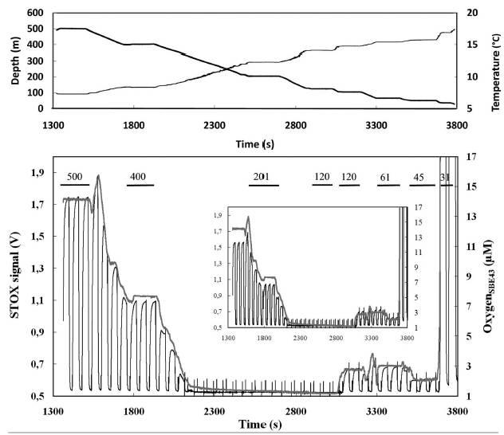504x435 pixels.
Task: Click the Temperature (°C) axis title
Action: (495, 58)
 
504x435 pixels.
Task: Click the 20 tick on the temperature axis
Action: (472, 13)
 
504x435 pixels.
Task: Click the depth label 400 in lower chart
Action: (138, 175)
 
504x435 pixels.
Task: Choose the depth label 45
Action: (418, 175)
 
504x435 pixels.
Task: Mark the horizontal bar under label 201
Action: (263, 186)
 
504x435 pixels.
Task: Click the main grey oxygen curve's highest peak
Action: (97, 175)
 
